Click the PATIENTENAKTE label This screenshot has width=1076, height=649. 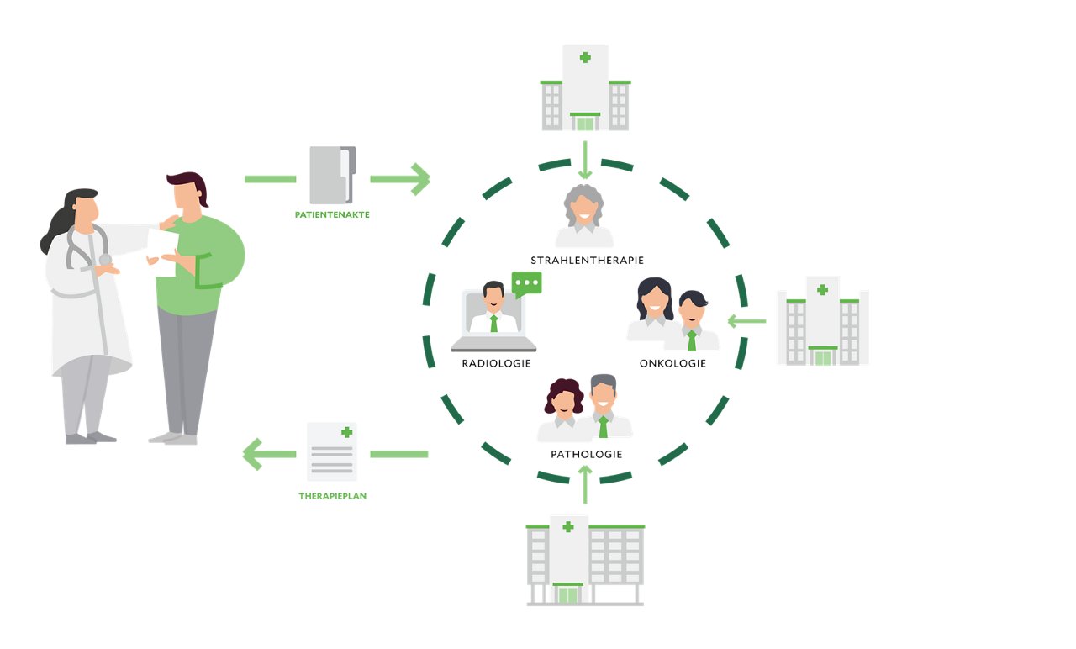pyautogui.click(x=332, y=214)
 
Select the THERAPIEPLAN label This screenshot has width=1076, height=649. pyautogui.click(x=332, y=496)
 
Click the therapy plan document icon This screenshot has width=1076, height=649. pyautogui.click(x=331, y=451)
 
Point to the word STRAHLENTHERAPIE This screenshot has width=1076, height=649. pyautogui.click(x=587, y=260)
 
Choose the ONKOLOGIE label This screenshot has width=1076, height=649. pyautogui.click(x=672, y=364)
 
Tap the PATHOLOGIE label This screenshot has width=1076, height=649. pyautogui.click(x=586, y=454)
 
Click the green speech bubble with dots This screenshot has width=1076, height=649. pyautogui.click(x=527, y=283)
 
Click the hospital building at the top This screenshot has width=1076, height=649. pyautogui.click(x=585, y=88)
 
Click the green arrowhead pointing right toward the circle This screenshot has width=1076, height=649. pyautogui.click(x=418, y=178)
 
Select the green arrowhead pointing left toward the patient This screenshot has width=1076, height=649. pyautogui.click(x=255, y=454)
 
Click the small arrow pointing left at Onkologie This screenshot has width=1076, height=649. pyautogui.click(x=746, y=320)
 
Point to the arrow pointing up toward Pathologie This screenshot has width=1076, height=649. pyautogui.click(x=586, y=484)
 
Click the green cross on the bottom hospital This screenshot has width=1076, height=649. pyautogui.click(x=568, y=527)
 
